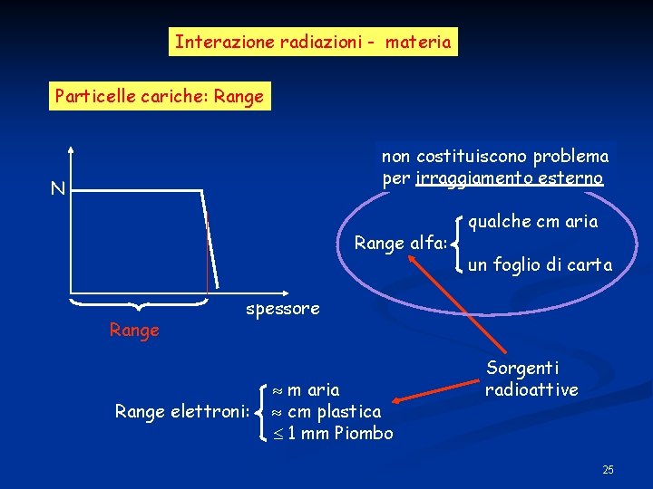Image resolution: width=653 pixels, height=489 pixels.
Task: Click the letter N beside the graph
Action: pos(57,189)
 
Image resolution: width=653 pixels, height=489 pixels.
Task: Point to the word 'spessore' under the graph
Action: pos(283,309)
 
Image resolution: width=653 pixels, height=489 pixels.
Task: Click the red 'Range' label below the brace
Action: pos(134,331)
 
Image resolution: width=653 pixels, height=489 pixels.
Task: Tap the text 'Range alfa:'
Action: pos(400,243)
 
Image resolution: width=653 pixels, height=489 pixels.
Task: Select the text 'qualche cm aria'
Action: pos(533,221)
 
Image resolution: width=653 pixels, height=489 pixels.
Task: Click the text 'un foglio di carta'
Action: pos(540,265)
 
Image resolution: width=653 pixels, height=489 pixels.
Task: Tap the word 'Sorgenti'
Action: pos(522,369)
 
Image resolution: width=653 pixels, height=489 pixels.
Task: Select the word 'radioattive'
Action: pos(531,390)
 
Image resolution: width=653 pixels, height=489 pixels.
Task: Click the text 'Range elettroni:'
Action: pos(182,412)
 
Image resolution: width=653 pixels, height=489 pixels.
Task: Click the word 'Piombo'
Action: pos(363,434)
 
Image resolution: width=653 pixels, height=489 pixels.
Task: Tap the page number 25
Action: pos(608,469)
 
